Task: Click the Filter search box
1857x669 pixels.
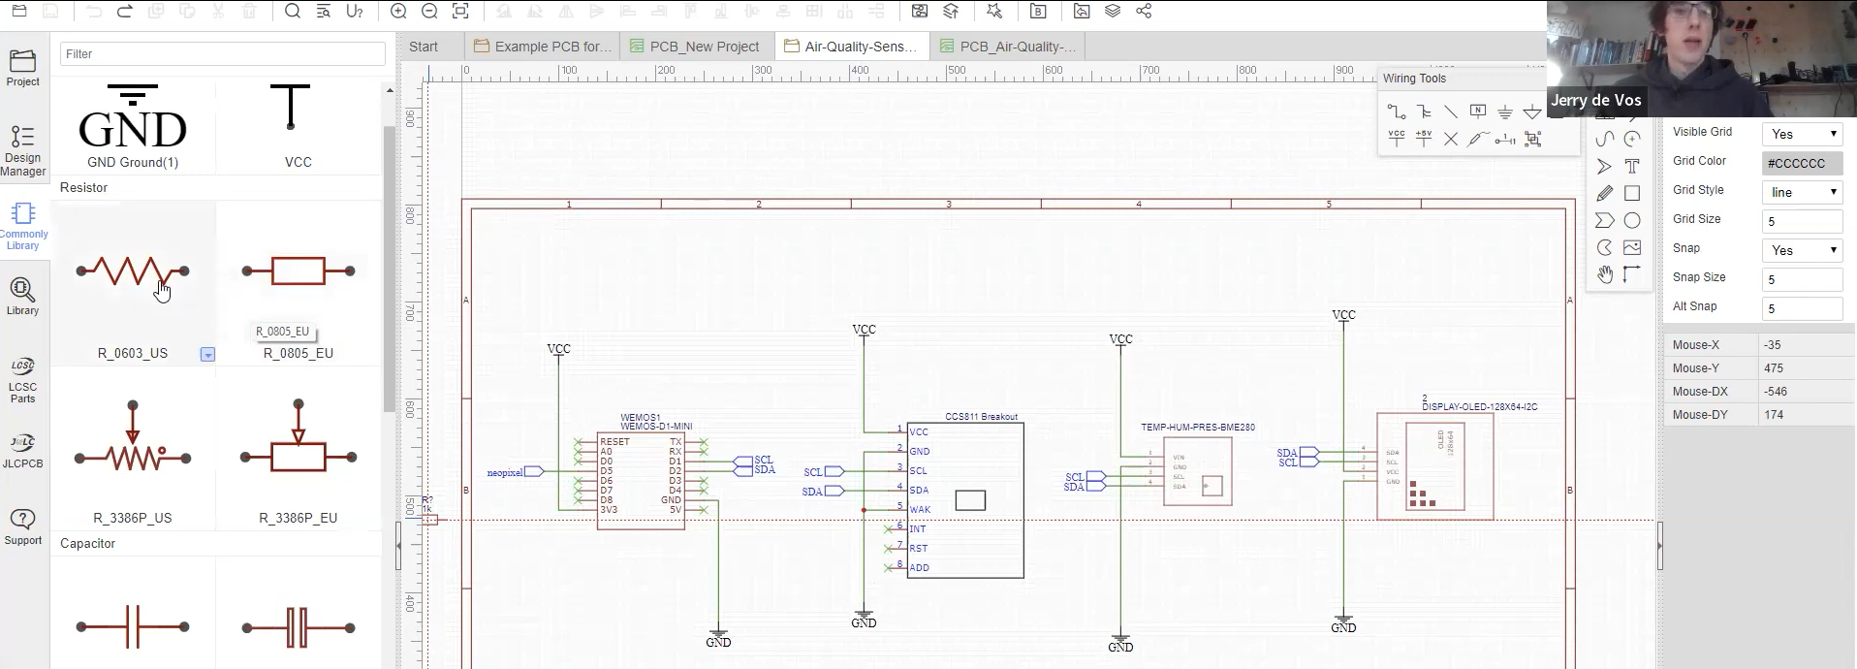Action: tap(222, 54)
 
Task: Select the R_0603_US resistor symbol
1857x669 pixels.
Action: tap(133, 271)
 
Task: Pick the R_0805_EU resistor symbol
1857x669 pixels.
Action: tap(298, 271)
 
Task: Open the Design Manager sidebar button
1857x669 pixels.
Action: tap(23, 151)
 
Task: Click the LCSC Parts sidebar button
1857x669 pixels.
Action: tap(23, 380)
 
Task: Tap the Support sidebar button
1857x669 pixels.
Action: tap(23, 526)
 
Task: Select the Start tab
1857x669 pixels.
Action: tap(424, 47)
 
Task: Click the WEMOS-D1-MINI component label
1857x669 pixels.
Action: tap(656, 427)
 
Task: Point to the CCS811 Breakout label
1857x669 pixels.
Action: tap(981, 417)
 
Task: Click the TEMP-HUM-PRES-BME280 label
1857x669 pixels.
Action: tap(1197, 428)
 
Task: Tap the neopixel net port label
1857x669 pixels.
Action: tap(504, 472)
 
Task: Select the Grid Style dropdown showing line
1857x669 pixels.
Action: tap(1802, 192)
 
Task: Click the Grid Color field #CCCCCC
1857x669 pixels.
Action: tap(1802, 164)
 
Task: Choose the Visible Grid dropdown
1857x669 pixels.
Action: tap(1802, 134)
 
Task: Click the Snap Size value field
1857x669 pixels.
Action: tap(1802, 279)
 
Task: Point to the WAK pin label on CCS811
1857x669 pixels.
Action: tap(920, 510)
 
